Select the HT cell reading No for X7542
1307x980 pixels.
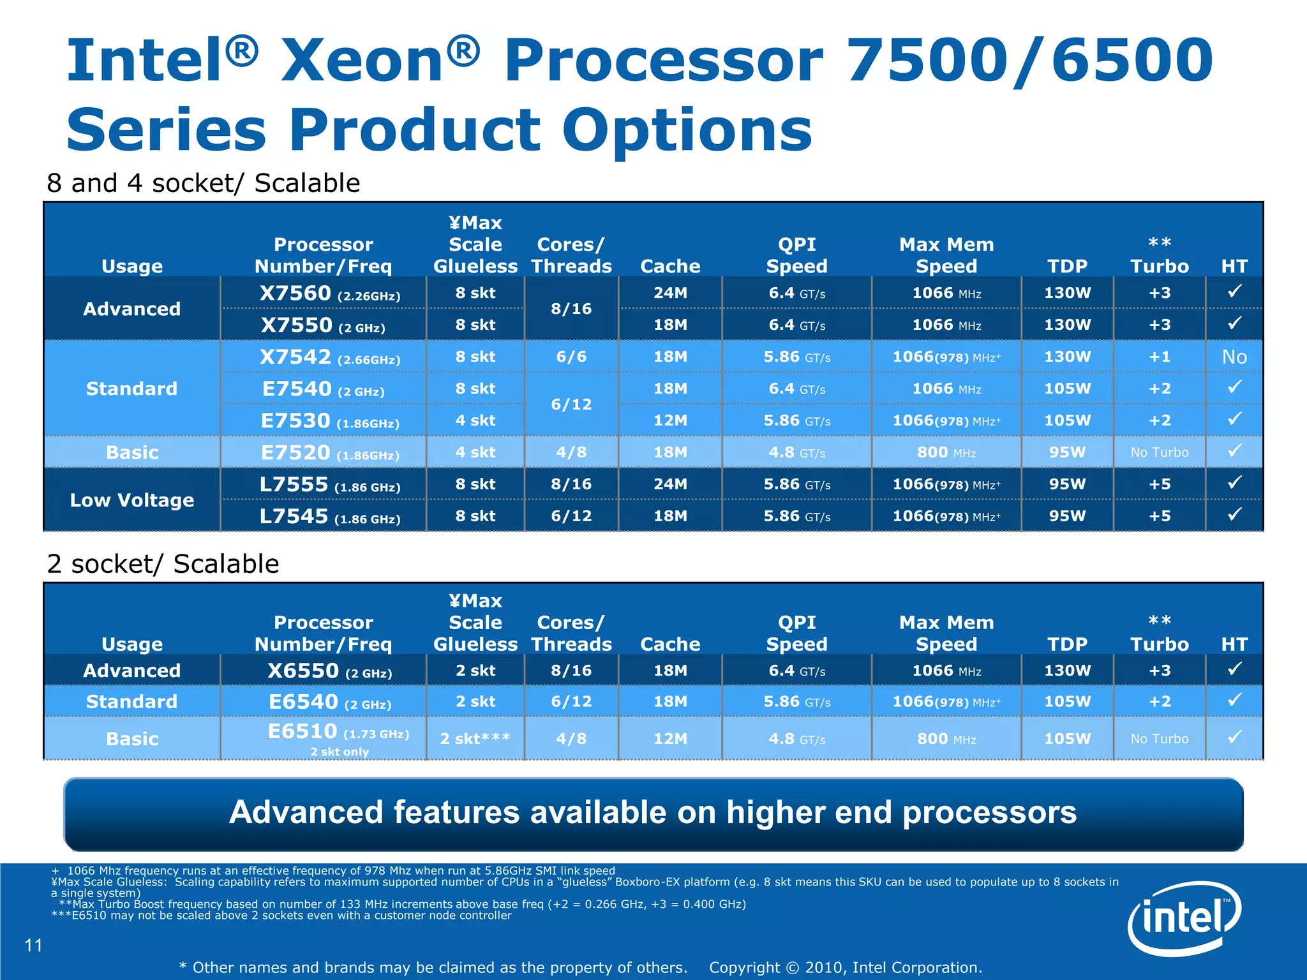pos(1234,357)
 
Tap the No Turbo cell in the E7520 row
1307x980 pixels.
pos(1159,452)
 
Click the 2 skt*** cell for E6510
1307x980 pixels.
pos(475,739)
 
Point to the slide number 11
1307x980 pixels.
pos(33,945)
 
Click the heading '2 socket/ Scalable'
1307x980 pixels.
pos(163,564)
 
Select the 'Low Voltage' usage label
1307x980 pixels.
pos(131,500)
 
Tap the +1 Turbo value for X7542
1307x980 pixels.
pos(1159,357)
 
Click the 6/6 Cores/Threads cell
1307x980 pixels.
pos(571,357)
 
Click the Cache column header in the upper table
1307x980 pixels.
pos(669,266)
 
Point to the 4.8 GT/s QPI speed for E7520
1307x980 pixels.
pos(796,452)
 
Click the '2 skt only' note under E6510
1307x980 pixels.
pos(340,752)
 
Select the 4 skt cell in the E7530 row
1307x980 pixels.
pos(475,421)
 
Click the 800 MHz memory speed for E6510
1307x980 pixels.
pos(946,739)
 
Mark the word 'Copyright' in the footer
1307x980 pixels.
pos(744,968)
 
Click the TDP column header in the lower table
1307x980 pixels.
pos(1067,644)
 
